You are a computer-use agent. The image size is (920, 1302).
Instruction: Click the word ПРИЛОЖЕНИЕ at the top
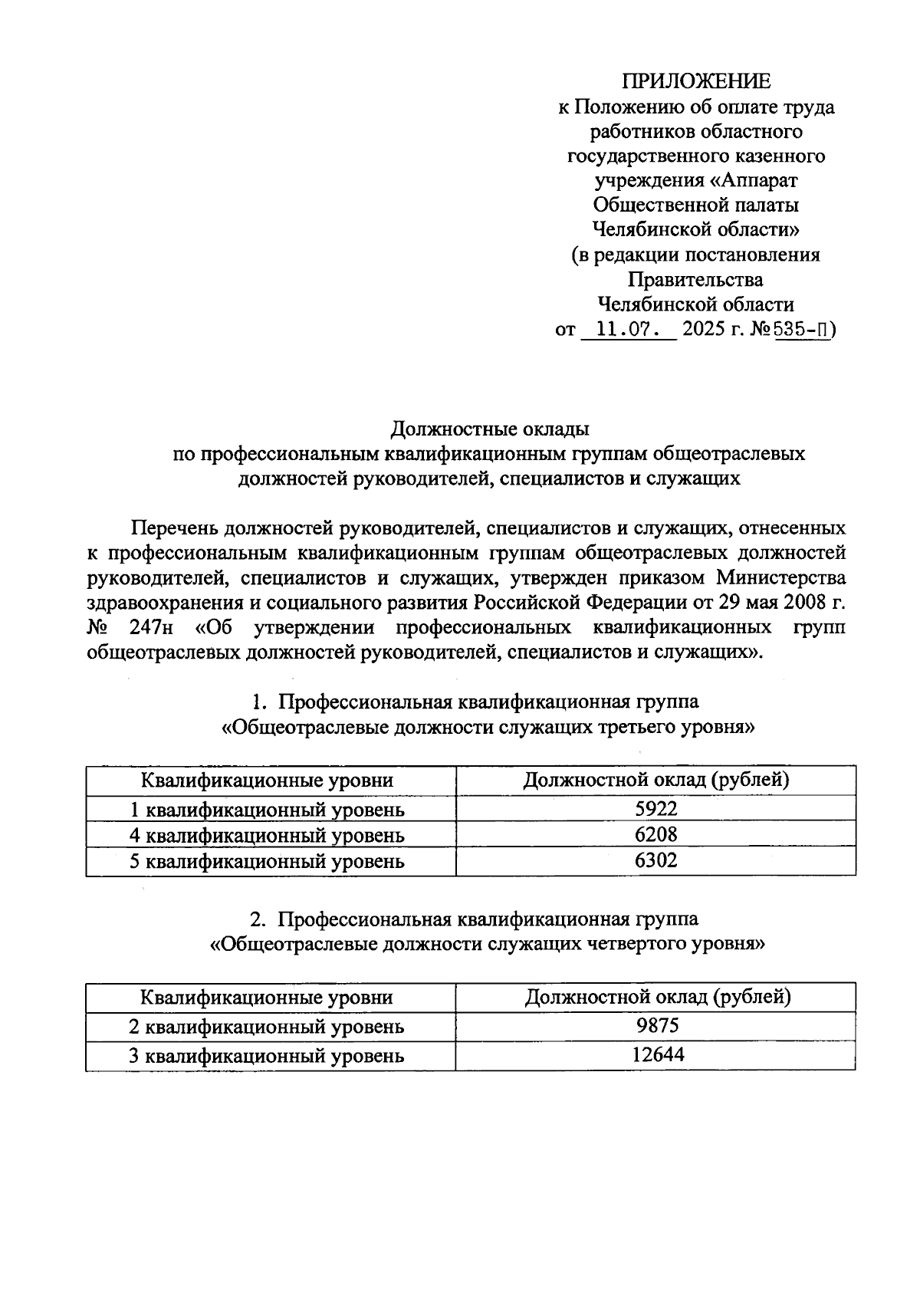coord(695,81)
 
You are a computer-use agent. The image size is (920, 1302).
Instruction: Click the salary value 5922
coord(656,808)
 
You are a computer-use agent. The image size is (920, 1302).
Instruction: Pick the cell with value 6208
coord(656,834)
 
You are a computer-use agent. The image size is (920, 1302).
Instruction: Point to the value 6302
coord(656,860)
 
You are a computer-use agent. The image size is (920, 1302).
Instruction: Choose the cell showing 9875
coord(656,1026)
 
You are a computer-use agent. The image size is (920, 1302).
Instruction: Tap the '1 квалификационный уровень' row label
coord(267,809)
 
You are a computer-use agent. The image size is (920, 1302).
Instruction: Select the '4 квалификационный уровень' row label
coord(267,835)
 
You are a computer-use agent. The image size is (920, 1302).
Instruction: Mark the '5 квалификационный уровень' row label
coord(267,861)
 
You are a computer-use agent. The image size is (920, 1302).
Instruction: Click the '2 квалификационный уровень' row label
coord(267,1027)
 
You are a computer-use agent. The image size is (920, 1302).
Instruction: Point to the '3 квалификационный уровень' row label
coord(267,1056)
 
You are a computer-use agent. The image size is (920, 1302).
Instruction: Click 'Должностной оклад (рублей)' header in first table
coord(656,781)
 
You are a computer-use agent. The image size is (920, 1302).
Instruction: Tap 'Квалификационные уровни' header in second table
coord(267,998)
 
